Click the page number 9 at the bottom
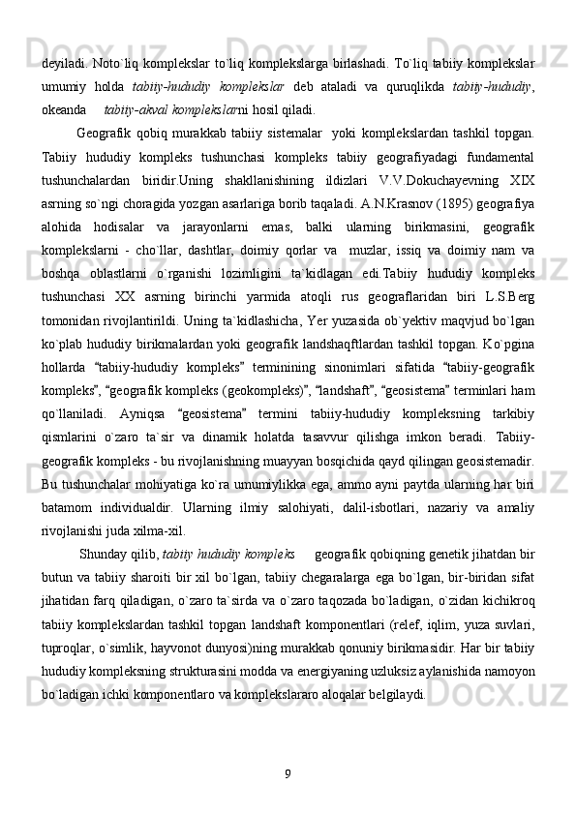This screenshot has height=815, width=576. [288, 771]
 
